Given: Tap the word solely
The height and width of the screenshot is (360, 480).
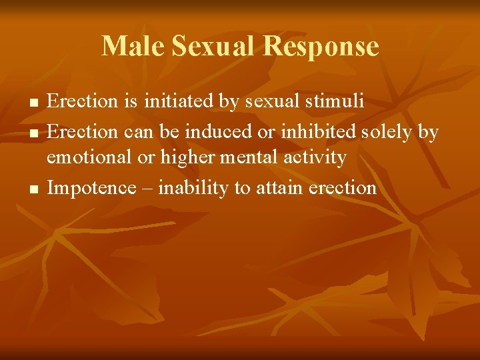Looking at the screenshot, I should pyautogui.click(x=388, y=131).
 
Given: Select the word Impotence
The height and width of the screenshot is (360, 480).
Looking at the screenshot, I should pyautogui.click(x=91, y=188).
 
